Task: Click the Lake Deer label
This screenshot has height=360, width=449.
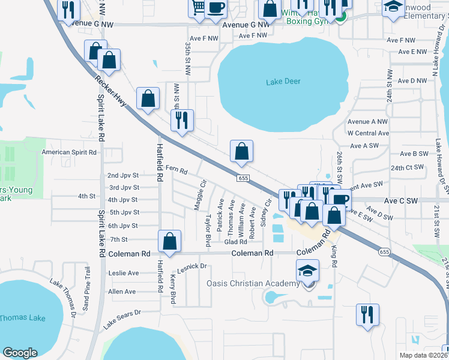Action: pyautogui.click(x=284, y=82)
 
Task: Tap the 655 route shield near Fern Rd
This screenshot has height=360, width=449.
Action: pyautogui.click(x=243, y=178)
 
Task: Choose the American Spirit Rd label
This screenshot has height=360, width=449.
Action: pyautogui.click(x=69, y=152)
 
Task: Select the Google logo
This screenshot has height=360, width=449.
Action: pyautogui.click(x=20, y=352)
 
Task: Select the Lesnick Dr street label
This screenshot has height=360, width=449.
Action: pyautogui.click(x=192, y=266)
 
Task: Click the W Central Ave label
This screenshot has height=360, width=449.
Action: pyautogui.click(x=368, y=133)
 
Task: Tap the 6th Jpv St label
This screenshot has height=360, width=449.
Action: pyautogui.click(x=123, y=226)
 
